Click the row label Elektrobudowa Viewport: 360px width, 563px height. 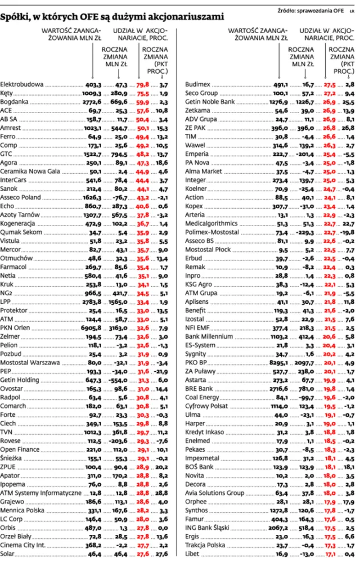coord(22,84)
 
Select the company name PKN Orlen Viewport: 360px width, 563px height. coord(16,326)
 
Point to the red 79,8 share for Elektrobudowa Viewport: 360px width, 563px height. coord(143,84)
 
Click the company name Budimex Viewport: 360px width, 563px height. coord(197,84)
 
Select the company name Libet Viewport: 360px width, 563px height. coord(192,554)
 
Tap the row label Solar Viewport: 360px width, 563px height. coord(8,554)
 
